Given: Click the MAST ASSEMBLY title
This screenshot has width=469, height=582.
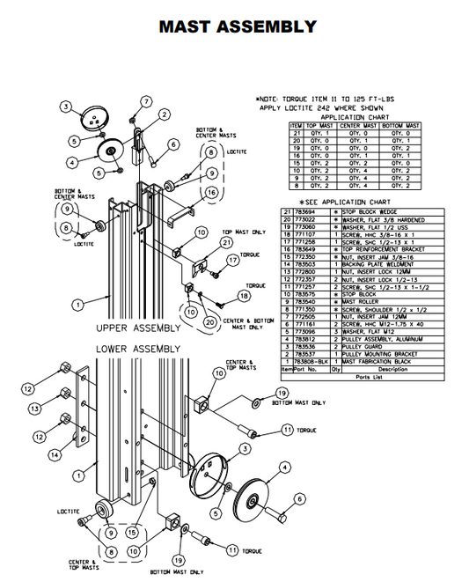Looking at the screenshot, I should point(237,26).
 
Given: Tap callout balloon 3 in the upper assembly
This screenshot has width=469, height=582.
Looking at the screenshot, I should point(65,107).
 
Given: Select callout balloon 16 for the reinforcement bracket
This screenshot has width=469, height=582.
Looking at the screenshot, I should point(212,193).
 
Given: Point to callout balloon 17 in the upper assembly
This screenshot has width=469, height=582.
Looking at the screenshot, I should point(234,261).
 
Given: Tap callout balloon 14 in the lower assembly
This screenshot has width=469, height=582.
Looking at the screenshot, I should point(55,455).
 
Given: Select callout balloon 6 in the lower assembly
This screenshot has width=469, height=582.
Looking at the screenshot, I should point(298,498).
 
